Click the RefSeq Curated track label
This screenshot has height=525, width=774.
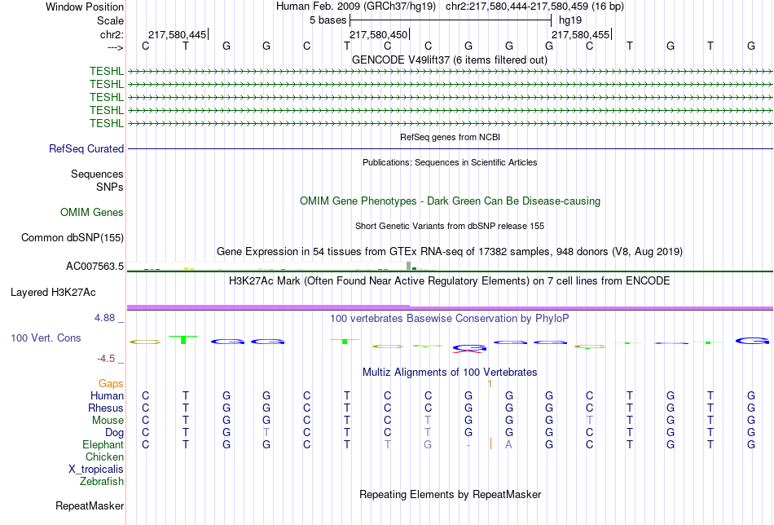[x=86, y=148]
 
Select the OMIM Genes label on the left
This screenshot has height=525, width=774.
[x=92, y=213]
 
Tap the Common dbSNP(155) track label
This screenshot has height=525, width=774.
[x=73, y=237]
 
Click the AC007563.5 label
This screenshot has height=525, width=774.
[x=95, y=267]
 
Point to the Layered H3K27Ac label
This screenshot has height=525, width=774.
[x=53, y=293]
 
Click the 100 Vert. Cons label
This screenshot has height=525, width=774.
[x=46, y=337]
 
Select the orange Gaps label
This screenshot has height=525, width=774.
[x=111, y=384]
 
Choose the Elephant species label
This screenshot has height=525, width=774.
[x=103, y=445]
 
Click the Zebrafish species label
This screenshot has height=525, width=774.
[x=102, y=482]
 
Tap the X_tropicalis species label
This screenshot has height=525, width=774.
[x=96, y=470]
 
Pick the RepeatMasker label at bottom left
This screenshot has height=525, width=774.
[x=90, y=505]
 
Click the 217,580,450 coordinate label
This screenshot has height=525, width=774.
[x=379, y=34]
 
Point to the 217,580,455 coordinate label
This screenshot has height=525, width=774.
[x=580, y=34]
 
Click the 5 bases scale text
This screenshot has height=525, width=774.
[x=328, y=20]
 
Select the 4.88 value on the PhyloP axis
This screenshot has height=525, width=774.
[x=104, y=318]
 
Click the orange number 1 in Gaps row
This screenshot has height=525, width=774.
[x=490, y=384]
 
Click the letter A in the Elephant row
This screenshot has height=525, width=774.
[x=508, y=445]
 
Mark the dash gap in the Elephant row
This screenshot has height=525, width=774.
[x=468, y=445]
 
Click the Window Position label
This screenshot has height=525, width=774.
[x=85, y=7]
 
